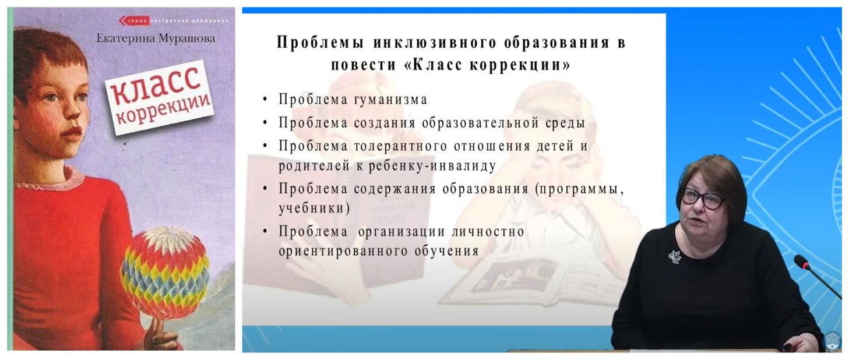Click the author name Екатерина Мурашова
tap(156, 38)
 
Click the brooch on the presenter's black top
tap(675, 256)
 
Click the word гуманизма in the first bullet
tap(391, 100)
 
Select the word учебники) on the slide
tap(314, 209)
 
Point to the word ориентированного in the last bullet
tap(343, 251)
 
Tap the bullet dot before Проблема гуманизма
tap(265, 100)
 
